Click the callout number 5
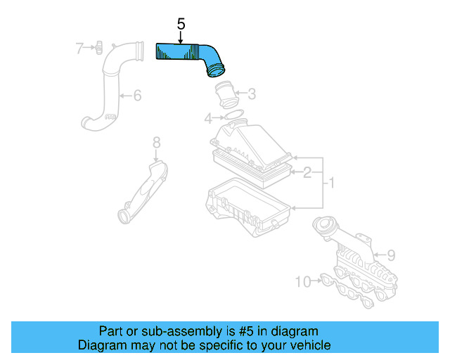point(181,24)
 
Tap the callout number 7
point(80,48)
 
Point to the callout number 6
point(137,95)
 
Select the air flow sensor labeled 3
point(226,94)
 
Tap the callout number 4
point(208,117)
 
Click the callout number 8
point(156,143)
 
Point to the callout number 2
point(307,172)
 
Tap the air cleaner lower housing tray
point(246,204)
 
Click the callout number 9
point(392,255)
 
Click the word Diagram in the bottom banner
point(99,345)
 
